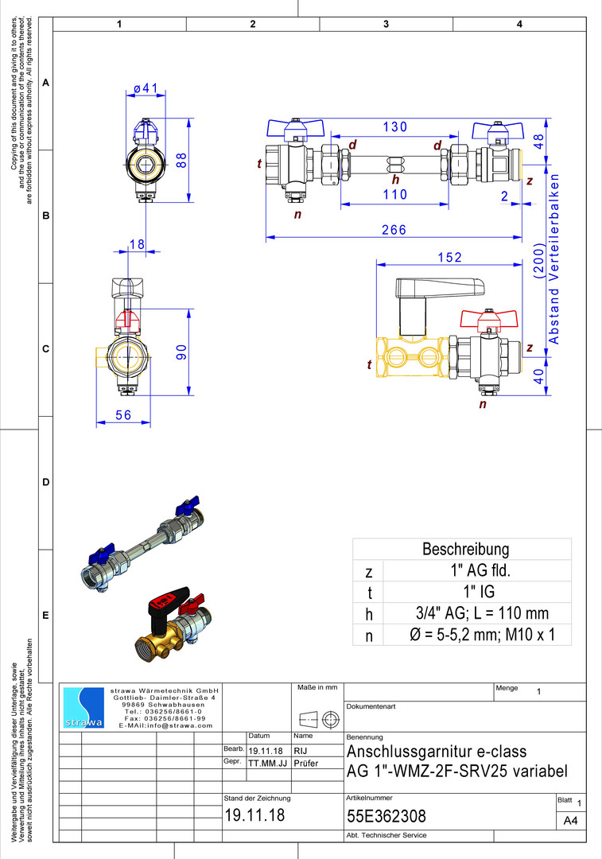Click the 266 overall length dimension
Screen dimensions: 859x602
(393, 230)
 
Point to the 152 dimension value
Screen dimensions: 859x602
(449, 258)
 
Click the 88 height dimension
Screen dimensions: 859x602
(182, 159)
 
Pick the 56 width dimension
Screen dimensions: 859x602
(123, 414)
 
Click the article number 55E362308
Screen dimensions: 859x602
(386, 816)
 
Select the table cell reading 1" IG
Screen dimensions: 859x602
(477, 591)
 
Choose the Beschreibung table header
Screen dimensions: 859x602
(465, 549)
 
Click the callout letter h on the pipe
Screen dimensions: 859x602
(395, 180)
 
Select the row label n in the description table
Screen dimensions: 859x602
(368, 636)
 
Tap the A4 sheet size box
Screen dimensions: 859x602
(569, 820)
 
